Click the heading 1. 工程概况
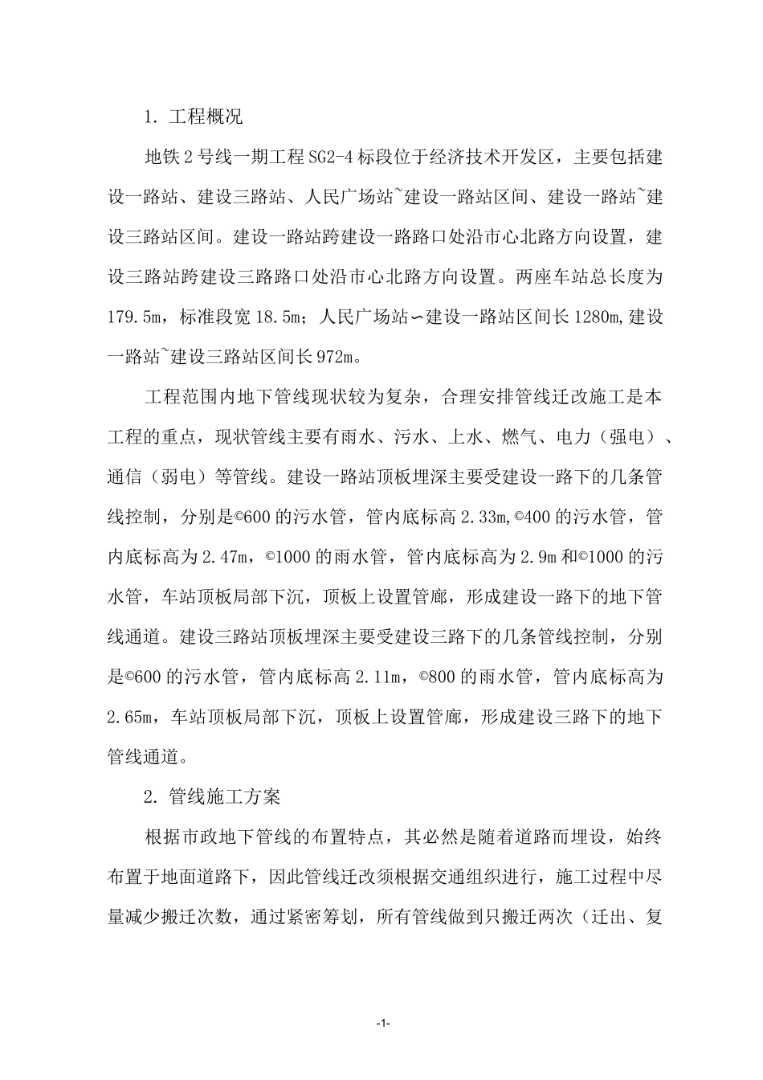(x=192, y=117)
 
